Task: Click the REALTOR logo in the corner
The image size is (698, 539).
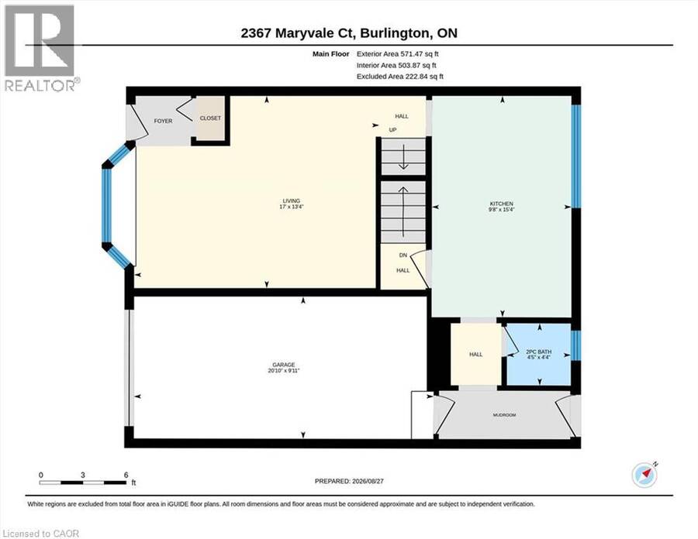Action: pyautogui.click(x=41, y=47)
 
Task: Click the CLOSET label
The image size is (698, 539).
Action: pyautogui.click(x=210, y=118)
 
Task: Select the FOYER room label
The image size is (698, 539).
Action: pyautogui.click(x=163, y=121)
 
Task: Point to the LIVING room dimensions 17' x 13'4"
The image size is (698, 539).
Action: pyautogui.click(x=291, y=207)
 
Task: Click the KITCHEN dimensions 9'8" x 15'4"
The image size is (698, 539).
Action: pyautogui.click(x=501, y=209)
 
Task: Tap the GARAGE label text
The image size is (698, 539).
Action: pyautogui.click(x=284, y=365)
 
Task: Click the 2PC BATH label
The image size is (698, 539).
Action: pyautogui.click(x=539, y=352)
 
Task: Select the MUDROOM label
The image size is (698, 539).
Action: pyautogui.click(x=504, y=415)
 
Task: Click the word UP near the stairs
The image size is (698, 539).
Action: pyautogui.click(x=392, y=130)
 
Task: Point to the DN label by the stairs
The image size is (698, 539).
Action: pyautogui.click(x=403, y=255)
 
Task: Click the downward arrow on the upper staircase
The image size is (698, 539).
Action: pyautogui.click(x=403, y=157)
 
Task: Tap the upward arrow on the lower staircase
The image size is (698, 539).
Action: pyautogui.click(x=403, y=211)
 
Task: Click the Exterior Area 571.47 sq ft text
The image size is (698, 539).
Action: pyautogui.click(x=398, y=53)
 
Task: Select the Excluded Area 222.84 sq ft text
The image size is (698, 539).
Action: pyautogui.click(x=399, y=77)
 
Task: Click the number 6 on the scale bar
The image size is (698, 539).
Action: pyautogui.click(x=126, y=475)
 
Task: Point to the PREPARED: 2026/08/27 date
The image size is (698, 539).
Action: pyautogui.click(x=349, y=481)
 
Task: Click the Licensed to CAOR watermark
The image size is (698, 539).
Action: pyautogui.click(x=40, y=534)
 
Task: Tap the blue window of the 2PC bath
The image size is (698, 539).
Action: pyautogui.click(x=576, y=345)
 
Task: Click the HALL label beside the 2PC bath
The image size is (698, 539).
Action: pyautogui.click(x=476, y=354)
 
